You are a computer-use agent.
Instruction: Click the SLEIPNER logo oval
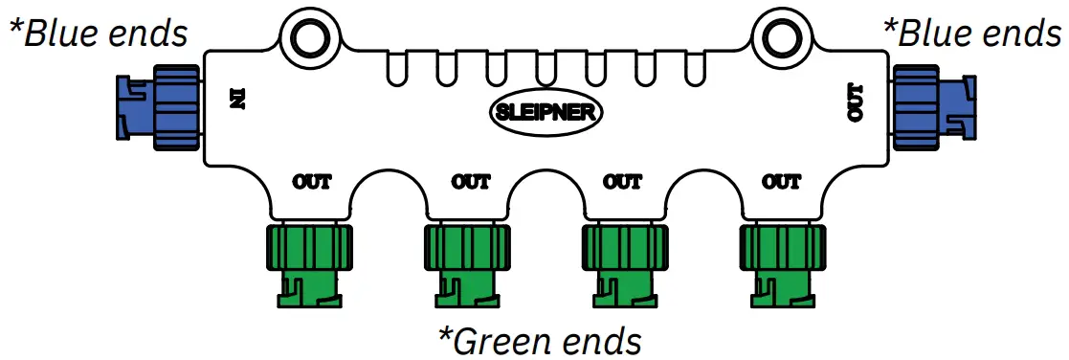pos(546,112)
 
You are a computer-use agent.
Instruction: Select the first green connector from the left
pos(308,263)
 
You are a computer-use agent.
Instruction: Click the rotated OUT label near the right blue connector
pos(855,102)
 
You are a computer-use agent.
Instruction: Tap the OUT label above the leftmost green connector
pos(311,181)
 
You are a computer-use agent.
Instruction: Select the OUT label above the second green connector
pos(471,181)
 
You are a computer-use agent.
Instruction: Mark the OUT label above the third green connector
pos(626,181)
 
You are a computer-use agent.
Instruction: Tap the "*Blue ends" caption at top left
pos(98,34)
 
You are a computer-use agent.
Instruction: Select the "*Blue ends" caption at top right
pos(970,34)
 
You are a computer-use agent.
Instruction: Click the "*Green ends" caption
pos(538,340)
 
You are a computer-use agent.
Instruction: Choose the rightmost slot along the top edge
pos(696,67)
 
